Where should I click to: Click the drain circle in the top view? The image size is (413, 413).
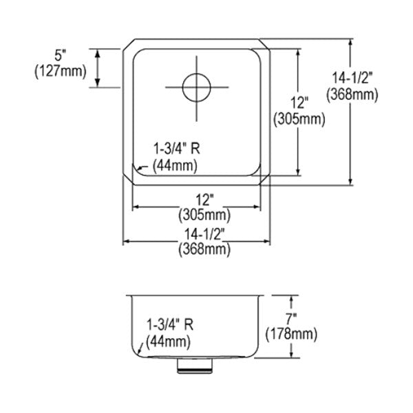click(196, 74)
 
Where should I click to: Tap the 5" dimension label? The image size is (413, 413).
click(60, 56)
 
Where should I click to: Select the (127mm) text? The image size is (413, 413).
click(61, 72)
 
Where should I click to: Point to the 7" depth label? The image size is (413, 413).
click(291, 319)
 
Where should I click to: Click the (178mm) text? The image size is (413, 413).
click(291, 335)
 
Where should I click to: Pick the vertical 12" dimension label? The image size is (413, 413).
click(299, 103)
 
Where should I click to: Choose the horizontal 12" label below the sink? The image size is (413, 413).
click(204, 200)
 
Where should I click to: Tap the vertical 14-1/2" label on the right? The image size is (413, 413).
click(352, 78)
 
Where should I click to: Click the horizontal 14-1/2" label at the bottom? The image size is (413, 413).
click(204, 234)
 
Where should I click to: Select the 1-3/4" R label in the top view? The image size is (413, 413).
click(177, 149)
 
